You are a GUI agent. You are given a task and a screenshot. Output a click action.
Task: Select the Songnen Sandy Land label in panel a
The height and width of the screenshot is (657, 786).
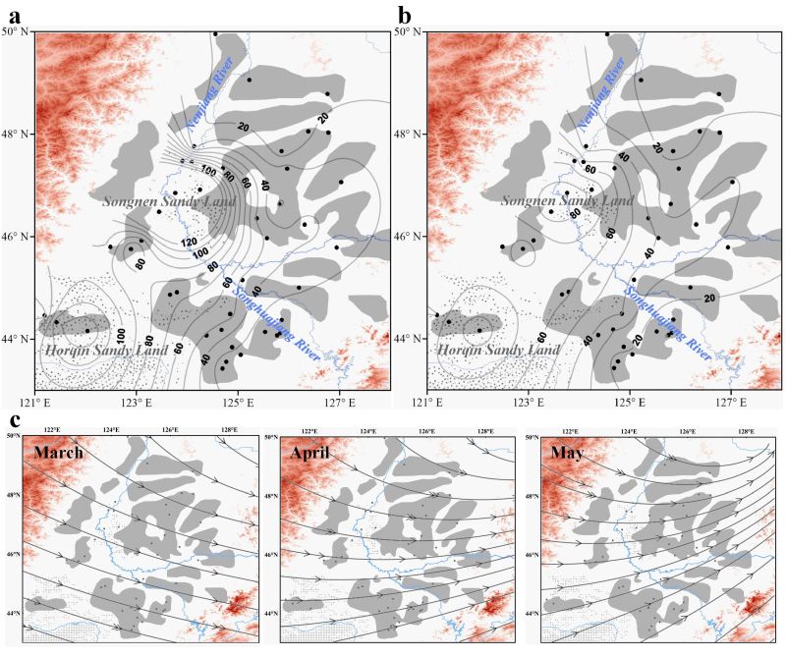(160, 200)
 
